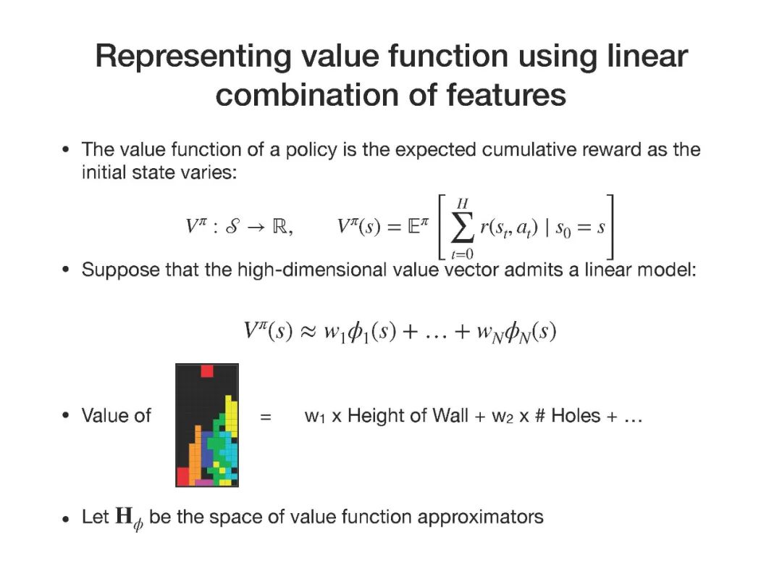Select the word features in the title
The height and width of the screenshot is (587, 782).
(x=501, y=95)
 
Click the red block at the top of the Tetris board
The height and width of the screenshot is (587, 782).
(x=207, y=371)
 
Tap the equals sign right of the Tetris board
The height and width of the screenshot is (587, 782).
(x=266, y=417)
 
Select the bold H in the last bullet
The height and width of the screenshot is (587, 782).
(x=123, y=517)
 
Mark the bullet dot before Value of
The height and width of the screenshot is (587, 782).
(x=66, y=417)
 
